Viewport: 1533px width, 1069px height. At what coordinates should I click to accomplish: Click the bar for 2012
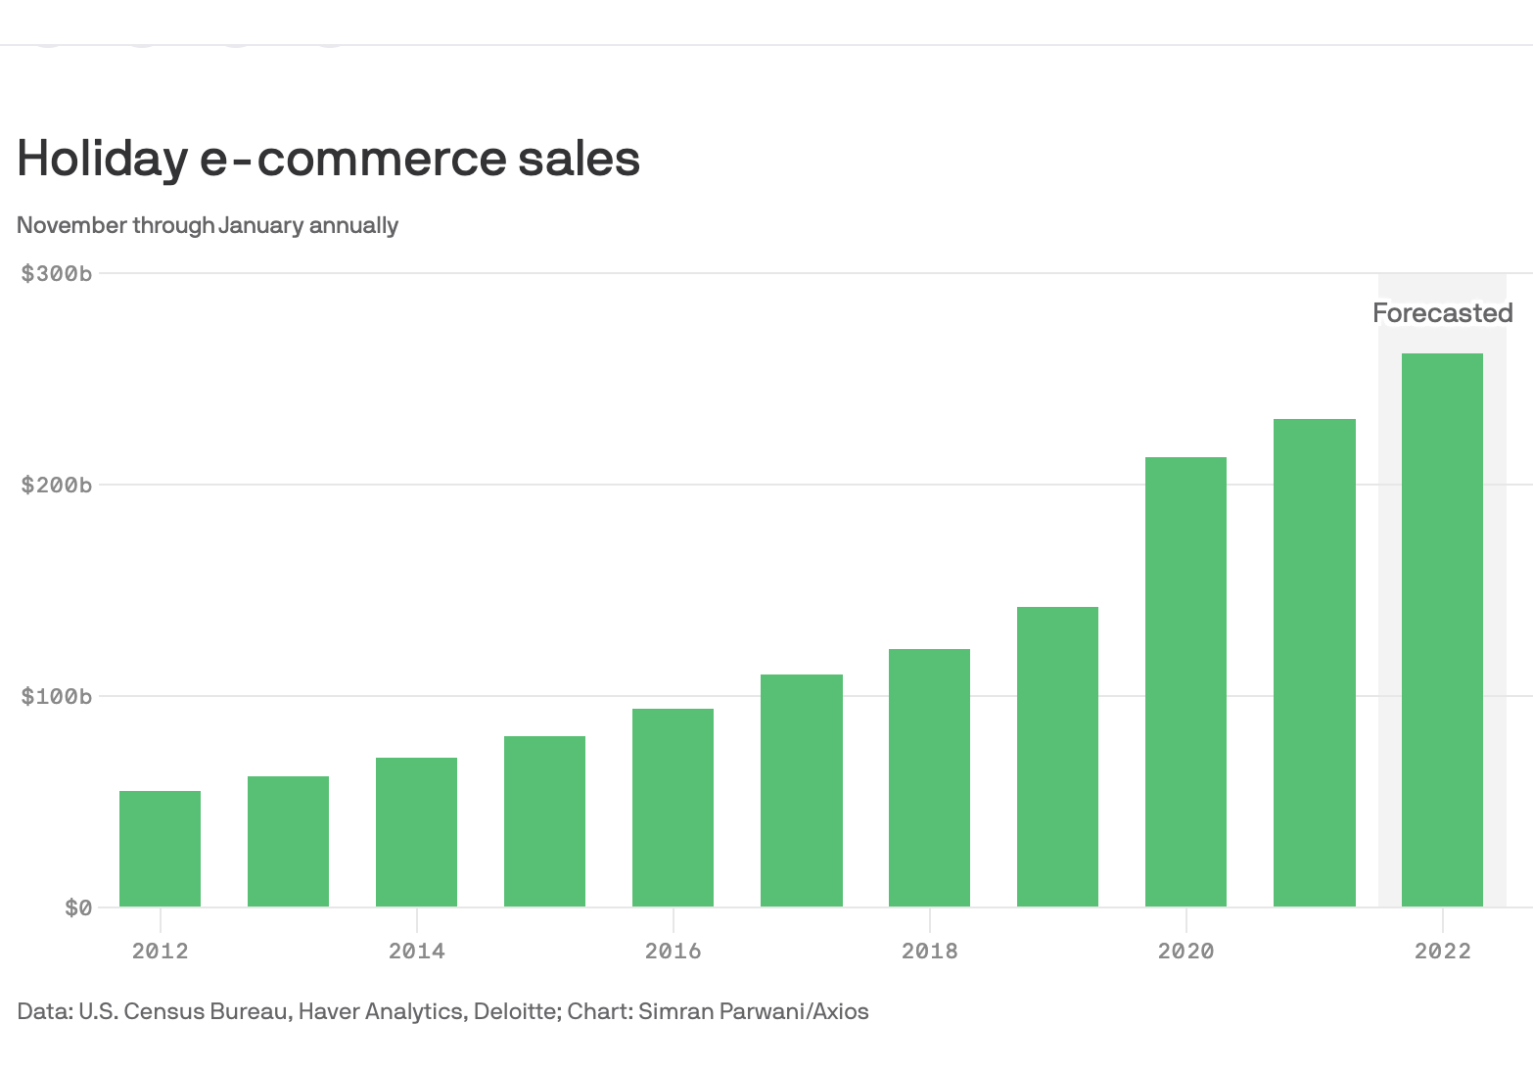(x=160, y=849)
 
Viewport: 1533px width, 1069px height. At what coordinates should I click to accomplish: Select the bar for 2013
(x=288, y=842)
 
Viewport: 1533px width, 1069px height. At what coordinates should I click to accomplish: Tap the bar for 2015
(x=544, y=821)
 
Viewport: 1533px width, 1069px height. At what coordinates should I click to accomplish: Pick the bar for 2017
(x=801, y=791)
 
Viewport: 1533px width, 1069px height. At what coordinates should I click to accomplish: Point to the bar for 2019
(x=1057, y=757)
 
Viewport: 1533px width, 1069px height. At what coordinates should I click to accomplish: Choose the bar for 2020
(x=1185, y=682)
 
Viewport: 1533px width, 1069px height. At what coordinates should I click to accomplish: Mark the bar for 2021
(x=1314, y=663)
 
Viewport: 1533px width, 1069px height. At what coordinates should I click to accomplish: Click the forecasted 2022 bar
(x=1442, y=630)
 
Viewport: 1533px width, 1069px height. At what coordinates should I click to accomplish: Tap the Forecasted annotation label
(x=1442, y=313)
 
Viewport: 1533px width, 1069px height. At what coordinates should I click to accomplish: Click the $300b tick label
(x=57, y=273)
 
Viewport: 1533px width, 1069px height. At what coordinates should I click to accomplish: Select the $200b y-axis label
(x=57, y=485)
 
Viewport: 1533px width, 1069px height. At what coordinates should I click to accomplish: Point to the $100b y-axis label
(x=57, y=696)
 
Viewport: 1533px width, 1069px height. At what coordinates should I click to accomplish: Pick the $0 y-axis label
(x=78, y=907)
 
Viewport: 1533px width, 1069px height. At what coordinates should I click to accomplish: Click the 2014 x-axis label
(x=416, y=951)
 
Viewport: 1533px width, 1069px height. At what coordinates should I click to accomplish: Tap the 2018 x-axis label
(x=929, y=951)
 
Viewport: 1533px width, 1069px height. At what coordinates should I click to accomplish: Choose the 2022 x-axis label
(x=1442, y=951)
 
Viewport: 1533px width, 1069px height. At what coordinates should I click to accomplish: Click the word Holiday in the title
(x=102, y=159)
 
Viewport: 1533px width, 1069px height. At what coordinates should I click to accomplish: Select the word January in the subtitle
(x=260, y=225)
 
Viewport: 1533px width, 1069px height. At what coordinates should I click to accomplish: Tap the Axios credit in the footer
(x=841, y=1011)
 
